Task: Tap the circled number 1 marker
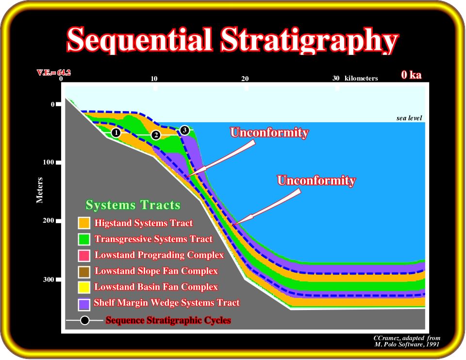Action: (116, 132)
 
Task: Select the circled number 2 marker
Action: (156, 135)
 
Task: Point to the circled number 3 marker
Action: (184, 130)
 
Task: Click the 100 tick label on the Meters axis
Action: (49, 162)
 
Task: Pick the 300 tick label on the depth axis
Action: (49, 279)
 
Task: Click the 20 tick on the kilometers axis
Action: (245, 79)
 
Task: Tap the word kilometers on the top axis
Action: (361, 78)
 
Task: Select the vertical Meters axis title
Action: (39, 190)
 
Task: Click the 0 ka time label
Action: (411, 75)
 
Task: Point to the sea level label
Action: (409, 118)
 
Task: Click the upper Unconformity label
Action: (269, 132)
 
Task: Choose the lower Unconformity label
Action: (316, 180)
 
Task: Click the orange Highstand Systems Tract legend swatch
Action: (84, 223)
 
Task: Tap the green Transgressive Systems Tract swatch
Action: (84, 239)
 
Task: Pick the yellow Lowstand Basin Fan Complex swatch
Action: (84, 287)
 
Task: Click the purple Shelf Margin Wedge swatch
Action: (84, 304)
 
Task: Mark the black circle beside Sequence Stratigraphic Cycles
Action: (84, 321)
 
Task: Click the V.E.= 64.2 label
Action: (54, 72)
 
